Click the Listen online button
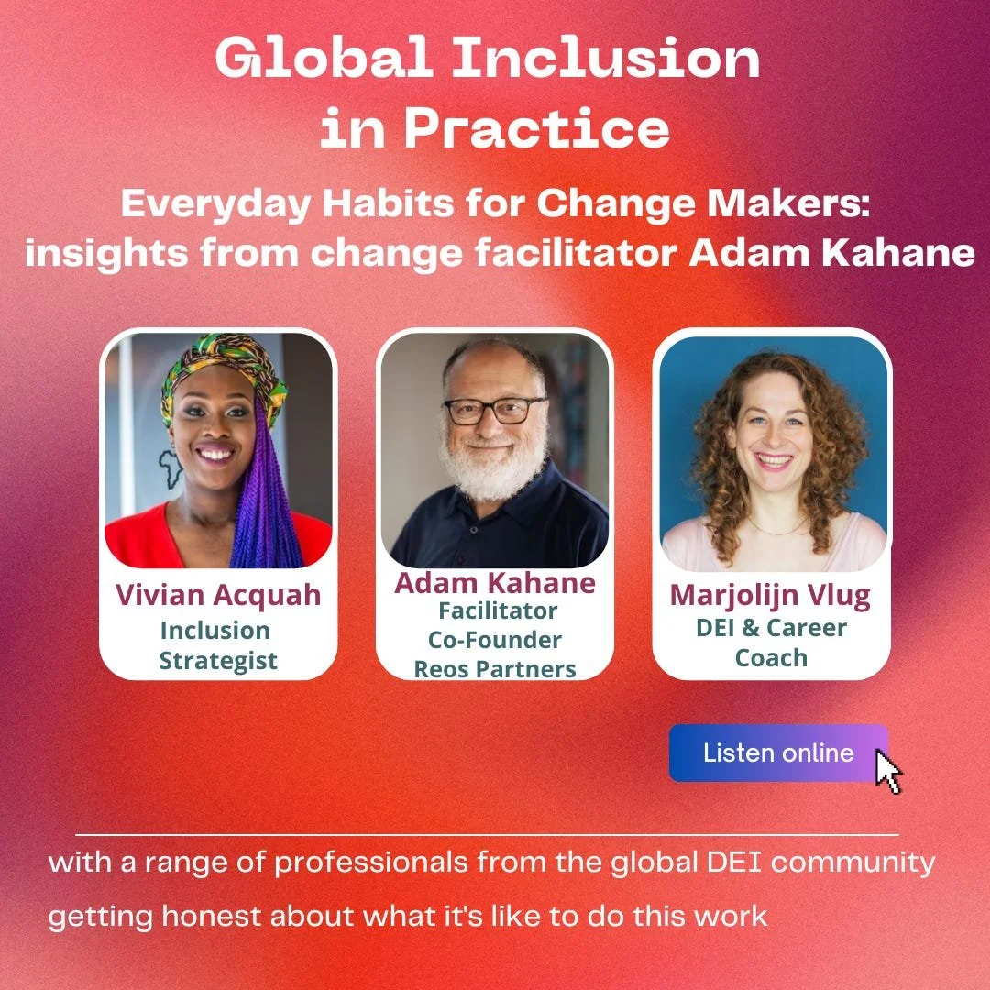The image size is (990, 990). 777,753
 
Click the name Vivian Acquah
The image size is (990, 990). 218,595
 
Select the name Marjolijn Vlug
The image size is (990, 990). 771,595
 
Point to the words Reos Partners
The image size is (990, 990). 495,668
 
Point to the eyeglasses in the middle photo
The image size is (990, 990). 495,410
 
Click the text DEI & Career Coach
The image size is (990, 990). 771,642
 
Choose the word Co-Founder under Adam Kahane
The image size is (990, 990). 495,639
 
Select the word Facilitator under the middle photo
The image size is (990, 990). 498,610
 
